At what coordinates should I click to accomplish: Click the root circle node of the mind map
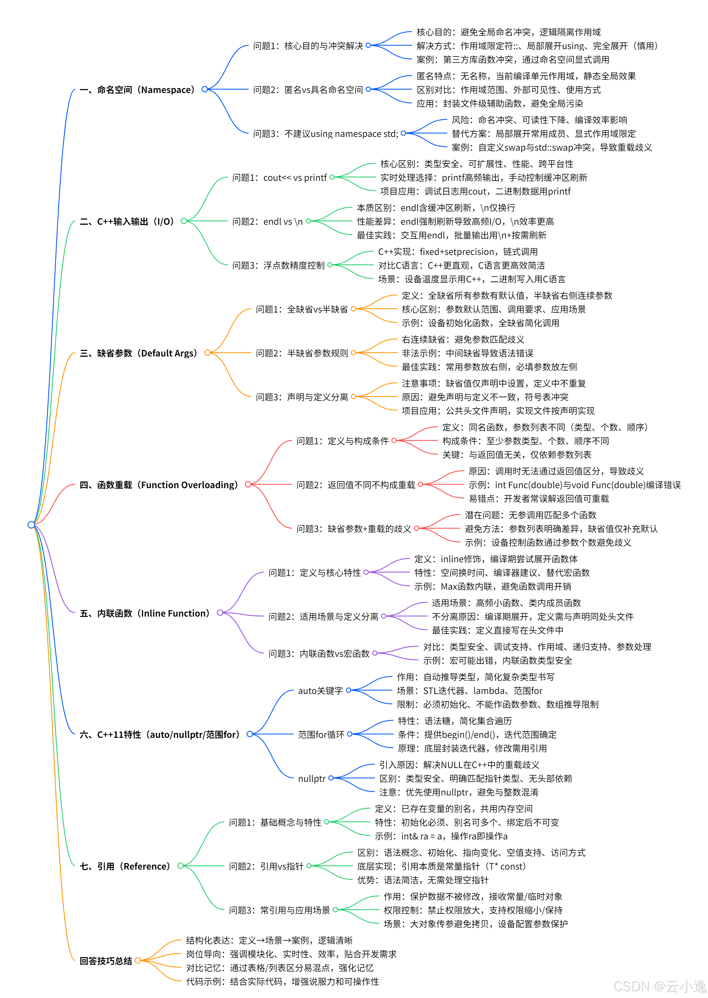(x=31, y=524)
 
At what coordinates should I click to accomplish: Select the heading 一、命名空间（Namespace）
(x=137, y=90)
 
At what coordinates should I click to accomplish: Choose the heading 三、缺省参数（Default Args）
(x=139, y=353)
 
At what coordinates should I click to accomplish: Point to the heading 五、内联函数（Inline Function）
(x=145, y=613)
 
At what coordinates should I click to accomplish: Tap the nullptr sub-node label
(x=312, y=778)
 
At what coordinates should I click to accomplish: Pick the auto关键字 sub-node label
(x=321, y=690)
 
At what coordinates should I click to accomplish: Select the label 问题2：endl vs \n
(x=267, y=221)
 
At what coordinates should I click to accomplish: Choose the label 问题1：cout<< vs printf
(x=279, y=177)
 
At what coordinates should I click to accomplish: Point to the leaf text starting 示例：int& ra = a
(x=441, y=836)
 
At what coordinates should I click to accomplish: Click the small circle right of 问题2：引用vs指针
(x=309, y=866)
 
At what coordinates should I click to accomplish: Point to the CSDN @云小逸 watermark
(x=659, y=986)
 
